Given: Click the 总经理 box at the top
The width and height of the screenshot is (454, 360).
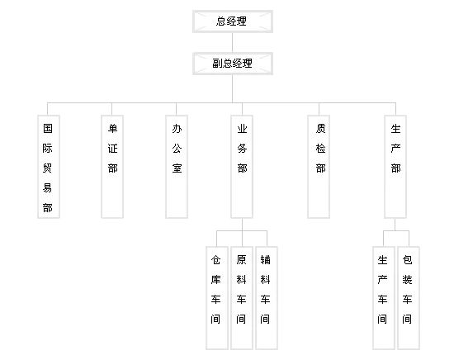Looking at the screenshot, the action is click(233, 21).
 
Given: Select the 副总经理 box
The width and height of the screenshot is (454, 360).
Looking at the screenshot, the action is click(233, 64).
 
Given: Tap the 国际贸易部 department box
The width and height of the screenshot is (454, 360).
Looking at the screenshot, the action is click(49, 167).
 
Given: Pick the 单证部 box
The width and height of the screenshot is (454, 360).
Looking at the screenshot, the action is click(112, 167).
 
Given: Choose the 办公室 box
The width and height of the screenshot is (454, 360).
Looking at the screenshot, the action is click(177, 167).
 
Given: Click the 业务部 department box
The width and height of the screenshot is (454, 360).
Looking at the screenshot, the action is click(242, 167).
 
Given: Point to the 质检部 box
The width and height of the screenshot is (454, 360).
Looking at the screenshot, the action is click(319, 167).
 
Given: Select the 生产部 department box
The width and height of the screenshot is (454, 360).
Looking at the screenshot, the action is click(395, 167).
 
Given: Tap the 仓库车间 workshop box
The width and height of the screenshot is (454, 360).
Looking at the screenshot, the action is click(217, 298).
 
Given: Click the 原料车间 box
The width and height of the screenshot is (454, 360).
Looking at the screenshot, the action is click(242, 298).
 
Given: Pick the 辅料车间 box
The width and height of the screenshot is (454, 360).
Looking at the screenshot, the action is click(267, 298).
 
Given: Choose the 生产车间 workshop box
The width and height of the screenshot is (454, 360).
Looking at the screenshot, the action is click(384, 298).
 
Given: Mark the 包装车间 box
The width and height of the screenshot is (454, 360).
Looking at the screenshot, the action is click(409, 298).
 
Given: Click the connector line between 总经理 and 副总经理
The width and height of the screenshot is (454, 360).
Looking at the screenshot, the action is click(233, 43).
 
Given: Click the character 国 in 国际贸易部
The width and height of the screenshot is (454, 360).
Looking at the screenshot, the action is click(48, 128).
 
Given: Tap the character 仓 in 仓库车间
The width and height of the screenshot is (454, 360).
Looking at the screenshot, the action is click(215, 260).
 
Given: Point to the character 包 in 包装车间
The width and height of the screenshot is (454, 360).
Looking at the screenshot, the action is click(407, 260).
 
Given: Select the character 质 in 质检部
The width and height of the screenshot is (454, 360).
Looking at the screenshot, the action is click(320, 128).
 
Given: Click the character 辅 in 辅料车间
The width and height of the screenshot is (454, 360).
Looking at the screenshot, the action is click(265, 260).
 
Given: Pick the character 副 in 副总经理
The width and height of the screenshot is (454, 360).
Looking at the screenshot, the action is click(217, 63).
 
